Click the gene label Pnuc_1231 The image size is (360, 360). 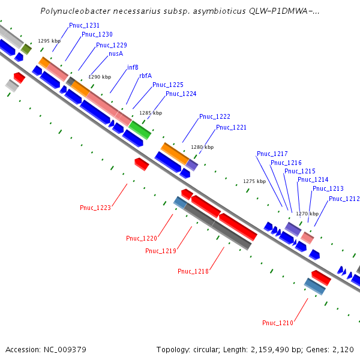coord(84,25)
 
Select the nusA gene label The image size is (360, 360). coord(116,53)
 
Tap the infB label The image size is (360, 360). coord(133,67)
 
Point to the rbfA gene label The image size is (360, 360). coord(145,76)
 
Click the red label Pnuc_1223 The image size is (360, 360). coord(95,208)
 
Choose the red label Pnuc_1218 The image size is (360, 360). coord(193,271)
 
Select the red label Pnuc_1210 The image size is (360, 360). coord(278,323)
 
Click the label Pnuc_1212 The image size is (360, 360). coord(344,199)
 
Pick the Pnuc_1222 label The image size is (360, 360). coord(215,116)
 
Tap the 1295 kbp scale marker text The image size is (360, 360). coord(49,41)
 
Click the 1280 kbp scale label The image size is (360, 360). coord(202,146)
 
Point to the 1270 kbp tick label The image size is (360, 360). coord(307,213)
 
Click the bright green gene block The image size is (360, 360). coord(140,129)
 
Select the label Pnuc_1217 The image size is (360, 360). coord(272,154)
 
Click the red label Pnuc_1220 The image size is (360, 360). coord(142,238)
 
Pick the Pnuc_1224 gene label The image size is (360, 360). coord(181,94)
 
